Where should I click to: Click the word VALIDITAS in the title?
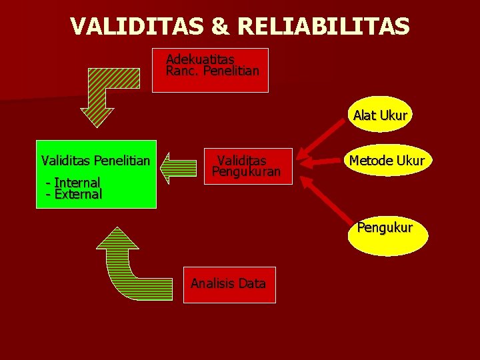141,26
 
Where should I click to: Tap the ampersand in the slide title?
223,26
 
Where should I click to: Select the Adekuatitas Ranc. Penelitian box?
210,70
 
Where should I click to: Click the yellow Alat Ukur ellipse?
380,115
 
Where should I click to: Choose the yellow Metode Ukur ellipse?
387,161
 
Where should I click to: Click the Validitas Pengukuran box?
247,167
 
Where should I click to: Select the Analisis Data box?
229,284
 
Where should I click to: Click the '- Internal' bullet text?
73,182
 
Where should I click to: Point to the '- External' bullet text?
74,195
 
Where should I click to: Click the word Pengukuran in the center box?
247,173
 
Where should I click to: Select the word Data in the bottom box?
251,284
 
